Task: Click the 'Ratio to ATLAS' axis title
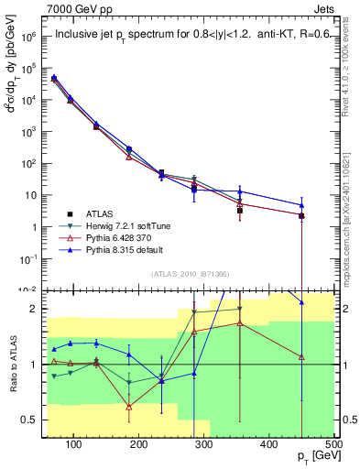[12, 364]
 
